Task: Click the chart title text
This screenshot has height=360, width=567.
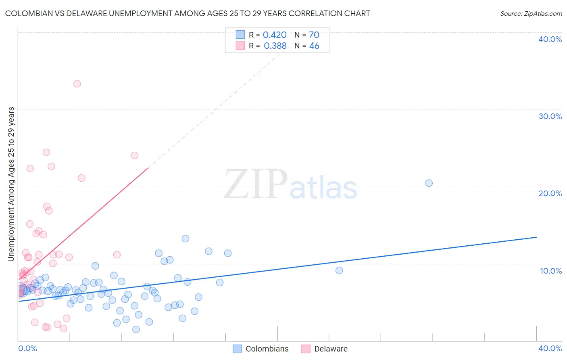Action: (x=187, y=13)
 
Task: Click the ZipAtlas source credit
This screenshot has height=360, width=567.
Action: (x=531, y=13)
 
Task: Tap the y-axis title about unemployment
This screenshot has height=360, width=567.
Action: (x=11, y=184)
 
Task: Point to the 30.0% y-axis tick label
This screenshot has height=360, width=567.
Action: (x=550, y=116)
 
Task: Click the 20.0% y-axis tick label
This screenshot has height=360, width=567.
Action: (x=550, y=193)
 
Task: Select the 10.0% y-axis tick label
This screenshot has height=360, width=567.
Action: (x=550, y=271)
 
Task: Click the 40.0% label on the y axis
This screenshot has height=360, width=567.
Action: (x=550, y=39)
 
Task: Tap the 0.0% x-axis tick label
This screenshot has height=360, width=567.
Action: (x=27, y=348)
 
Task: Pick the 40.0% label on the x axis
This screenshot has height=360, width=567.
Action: (x=550, y=348)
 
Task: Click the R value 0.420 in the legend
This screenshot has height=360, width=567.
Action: (x=275, y=35)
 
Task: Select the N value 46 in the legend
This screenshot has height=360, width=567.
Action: (x=314, y=46)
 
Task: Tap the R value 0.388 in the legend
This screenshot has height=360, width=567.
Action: (x=275, y=46)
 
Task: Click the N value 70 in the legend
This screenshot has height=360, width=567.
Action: (x=314, y=35)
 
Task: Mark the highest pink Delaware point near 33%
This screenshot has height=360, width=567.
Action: (x=77, y=84)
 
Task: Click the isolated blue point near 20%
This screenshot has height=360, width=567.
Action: (x=429, y=183)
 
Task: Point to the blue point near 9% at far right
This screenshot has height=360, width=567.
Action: (x=339, y=270)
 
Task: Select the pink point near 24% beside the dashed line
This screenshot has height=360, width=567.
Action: (x=135, y=155)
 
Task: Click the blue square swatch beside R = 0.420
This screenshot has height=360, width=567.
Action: (x=240, y=35)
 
